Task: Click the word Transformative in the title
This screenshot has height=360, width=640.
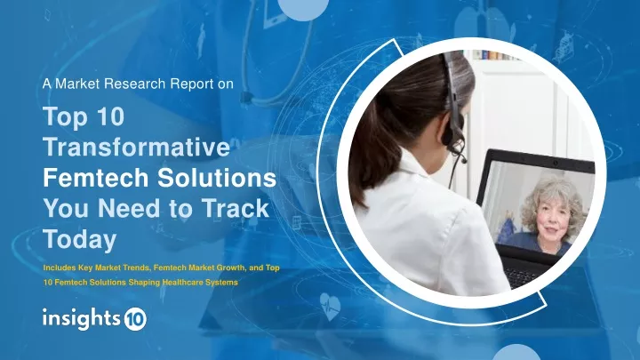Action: coord(136,147)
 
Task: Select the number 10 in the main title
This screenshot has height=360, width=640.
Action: coord(111,116)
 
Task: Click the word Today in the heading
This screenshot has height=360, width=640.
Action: coord(80,239)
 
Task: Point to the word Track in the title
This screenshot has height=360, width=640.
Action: coord(236,208)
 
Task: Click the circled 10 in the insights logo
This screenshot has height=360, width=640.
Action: coord(135,319)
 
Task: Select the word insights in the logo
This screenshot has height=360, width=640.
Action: coord(82,318)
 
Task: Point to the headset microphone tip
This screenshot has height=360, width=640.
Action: coord(465,160)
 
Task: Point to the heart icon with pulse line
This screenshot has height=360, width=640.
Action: coord(330,306)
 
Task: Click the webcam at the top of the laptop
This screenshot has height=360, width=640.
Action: coord(555,164)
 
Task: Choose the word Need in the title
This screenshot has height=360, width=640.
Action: coord(130,208)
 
